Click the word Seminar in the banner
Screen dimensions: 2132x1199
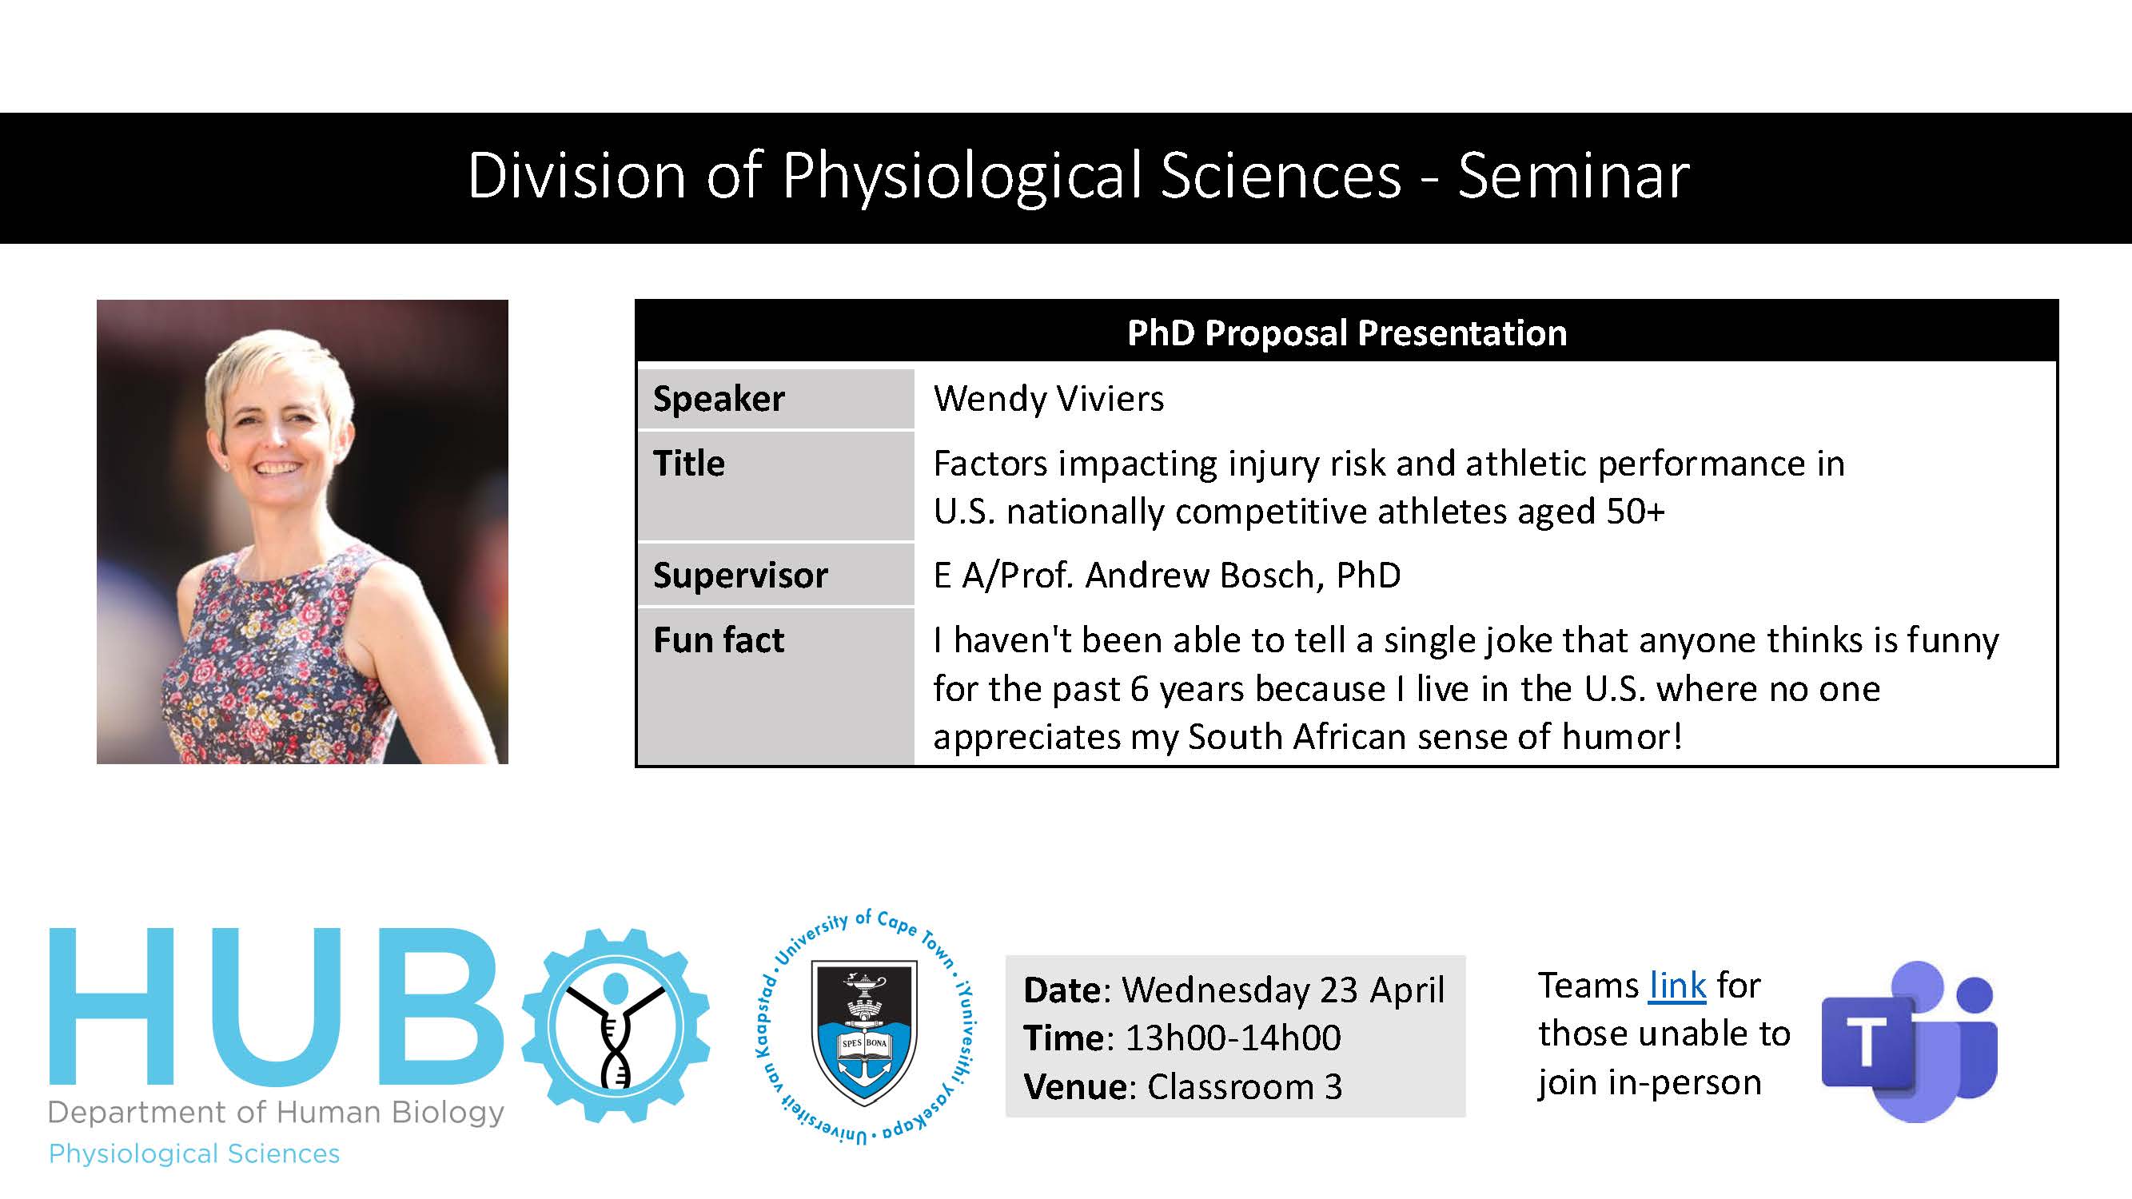tap(1573, 176)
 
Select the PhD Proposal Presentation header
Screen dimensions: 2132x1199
tap(1346, 333)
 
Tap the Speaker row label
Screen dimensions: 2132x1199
tap(719, 399)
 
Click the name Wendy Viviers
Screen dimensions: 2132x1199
tap(1049, 399)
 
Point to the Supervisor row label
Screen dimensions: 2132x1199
tap(740, 575)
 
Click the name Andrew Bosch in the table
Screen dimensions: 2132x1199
tap(1199, 575)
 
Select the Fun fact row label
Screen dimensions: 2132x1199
tap(719, 639)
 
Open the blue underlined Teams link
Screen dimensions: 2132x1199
tap(1677, 985)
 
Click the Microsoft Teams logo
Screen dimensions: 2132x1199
tap(1909, 1041)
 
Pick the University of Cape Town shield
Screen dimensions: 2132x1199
tap(865, 1031)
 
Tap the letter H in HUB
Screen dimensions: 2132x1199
tap(112, 1006)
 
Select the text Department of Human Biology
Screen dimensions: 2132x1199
tap(277, 1113)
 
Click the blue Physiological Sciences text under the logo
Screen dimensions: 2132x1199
tap(194, 1153)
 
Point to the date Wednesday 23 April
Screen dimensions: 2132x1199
tap(1283, 990)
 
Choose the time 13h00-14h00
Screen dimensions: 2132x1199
tap(1233, 1038)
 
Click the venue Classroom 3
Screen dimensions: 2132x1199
tap(1245, 1086)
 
